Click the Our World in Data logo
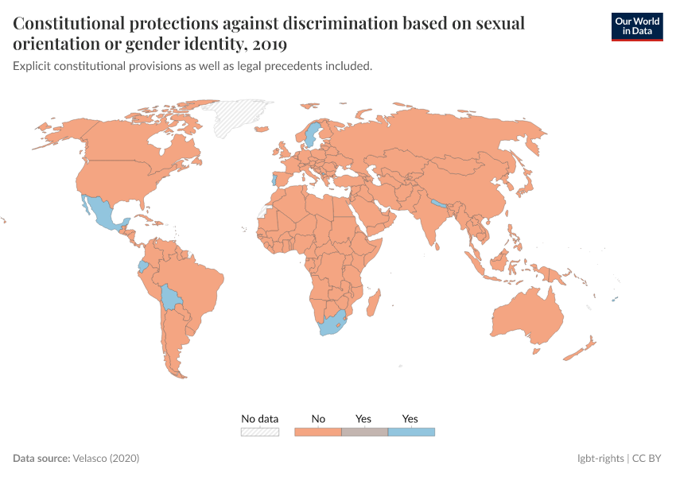[636, 26]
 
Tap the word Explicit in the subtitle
[33, 67]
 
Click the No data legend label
[260, 419]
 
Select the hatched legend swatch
[260, 432]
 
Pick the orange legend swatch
[318, 432]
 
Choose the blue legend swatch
[411, 432]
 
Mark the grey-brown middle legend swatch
[364, 432]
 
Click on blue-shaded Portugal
[274, 179]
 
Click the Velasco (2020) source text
[106, 459]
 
